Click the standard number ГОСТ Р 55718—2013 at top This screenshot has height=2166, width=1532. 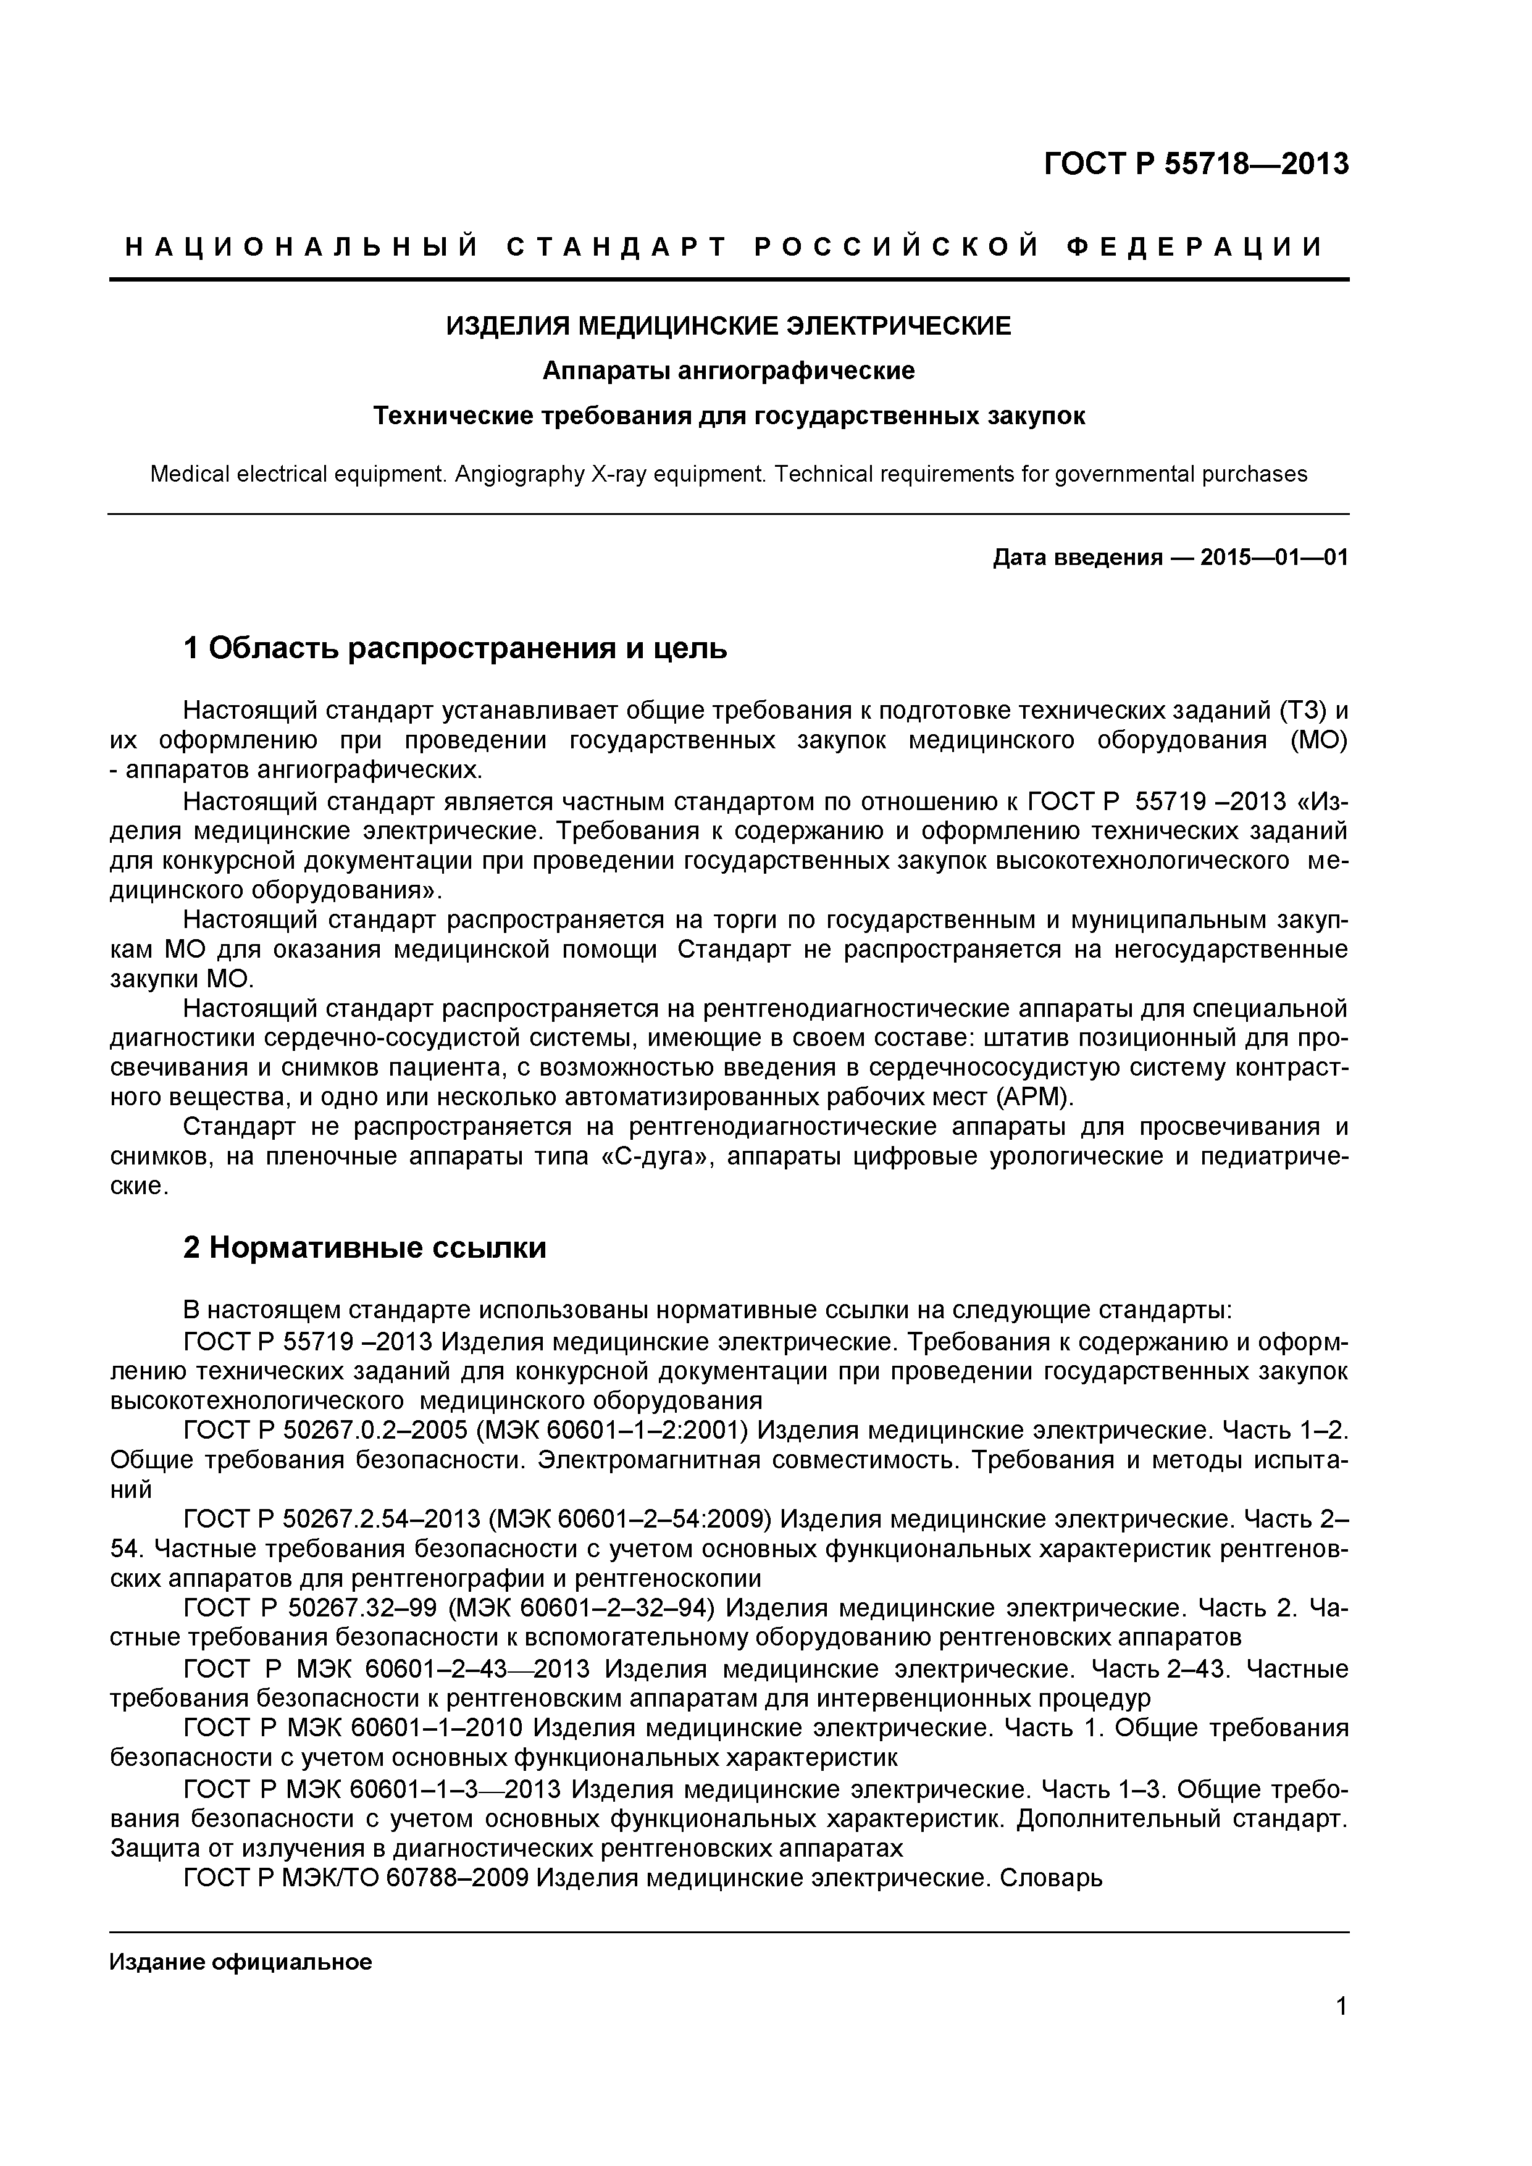pos(1195,164)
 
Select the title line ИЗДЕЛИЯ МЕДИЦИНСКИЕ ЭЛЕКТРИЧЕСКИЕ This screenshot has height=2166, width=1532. pos(728,327)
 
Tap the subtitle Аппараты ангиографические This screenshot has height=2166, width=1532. pos(728,370)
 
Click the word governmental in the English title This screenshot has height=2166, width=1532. pos(1124,474)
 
